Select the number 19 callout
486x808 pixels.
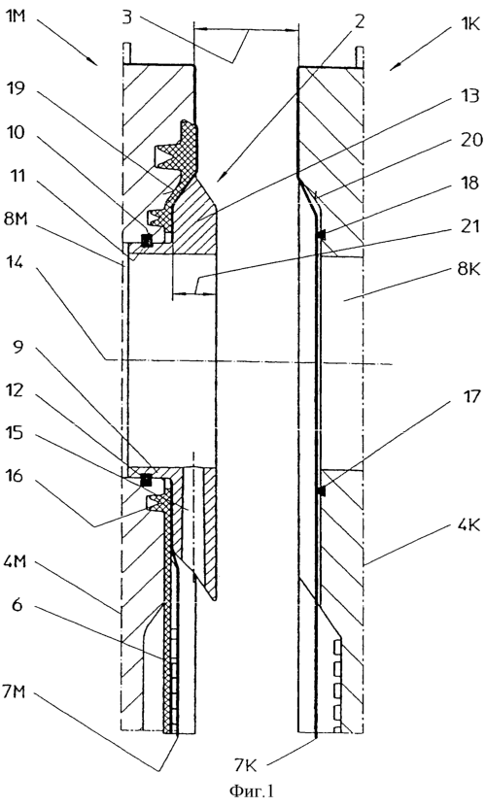point(18,90)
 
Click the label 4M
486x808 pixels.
point(19,562)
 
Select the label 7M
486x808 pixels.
point(19,693)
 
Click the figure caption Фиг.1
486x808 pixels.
point(242,791)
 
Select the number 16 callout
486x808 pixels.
point(18,476)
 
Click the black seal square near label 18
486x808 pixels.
point(322,235)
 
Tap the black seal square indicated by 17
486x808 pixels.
point(322,492)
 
